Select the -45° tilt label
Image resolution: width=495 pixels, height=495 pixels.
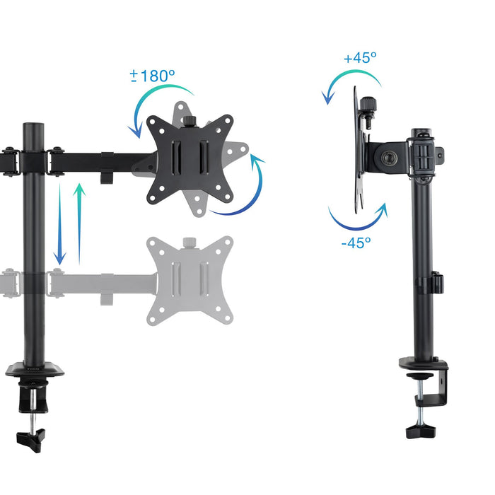(x=356, y=242)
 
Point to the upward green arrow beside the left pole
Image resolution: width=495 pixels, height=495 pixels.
(x=80, y=223)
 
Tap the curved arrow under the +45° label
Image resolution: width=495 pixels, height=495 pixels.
(x=346, y=83)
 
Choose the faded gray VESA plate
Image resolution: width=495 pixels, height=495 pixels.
(x=190, y=280)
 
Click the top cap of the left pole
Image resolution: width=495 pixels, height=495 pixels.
(x=33, y=127)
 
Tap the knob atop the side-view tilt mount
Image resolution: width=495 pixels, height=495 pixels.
(x=368, y=108)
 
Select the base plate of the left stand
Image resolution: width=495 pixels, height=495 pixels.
(x=35, y=368)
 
